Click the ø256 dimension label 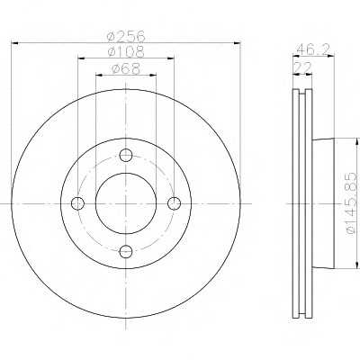click(x=126, y=37)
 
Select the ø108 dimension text click(x=126, y=52)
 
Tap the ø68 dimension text click(x=126, y=69)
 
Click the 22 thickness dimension click(x=302, y=67)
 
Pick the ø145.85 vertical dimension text click(x=353, y=203)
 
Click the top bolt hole click(x=126, y=156)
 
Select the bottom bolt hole click(x=126, y=251)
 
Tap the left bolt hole click(x=77, y=203)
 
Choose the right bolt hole click(x=174, y=203)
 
